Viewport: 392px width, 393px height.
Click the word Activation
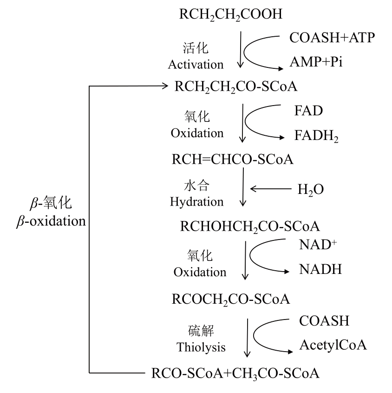point(196,64)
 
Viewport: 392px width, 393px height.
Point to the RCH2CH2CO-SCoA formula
point(236,87)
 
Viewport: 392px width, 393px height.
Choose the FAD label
point(308,111)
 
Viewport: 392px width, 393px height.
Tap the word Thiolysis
point(201,347)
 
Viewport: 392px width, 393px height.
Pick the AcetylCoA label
point(333,345)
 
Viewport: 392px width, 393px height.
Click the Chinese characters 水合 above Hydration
point(195,187)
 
